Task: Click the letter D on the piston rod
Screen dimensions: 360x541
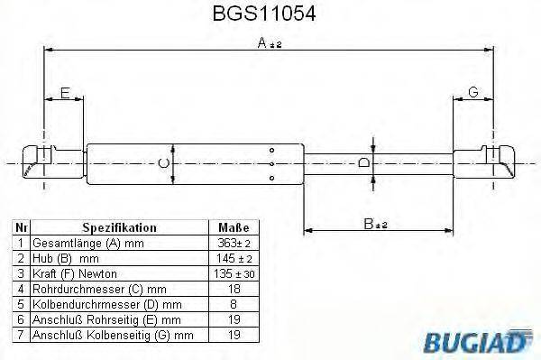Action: (x=362, y=162)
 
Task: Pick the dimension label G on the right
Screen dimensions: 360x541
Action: (x=472, y=93)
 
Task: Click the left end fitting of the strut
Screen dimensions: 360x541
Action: (x=41, y=162)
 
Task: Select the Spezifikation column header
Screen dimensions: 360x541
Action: (x=119, y=228)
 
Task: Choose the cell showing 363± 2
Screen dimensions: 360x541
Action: (x=233, y=244)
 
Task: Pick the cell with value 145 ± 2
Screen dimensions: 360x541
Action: (x=233, y=258)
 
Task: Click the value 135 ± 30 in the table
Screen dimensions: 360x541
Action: (x=233, y=273)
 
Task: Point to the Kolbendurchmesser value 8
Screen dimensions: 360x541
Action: (x=233, y=303)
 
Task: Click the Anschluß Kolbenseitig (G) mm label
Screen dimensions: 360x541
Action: (x=112, y=333)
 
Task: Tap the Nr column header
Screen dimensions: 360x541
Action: (x=19, y=228)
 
